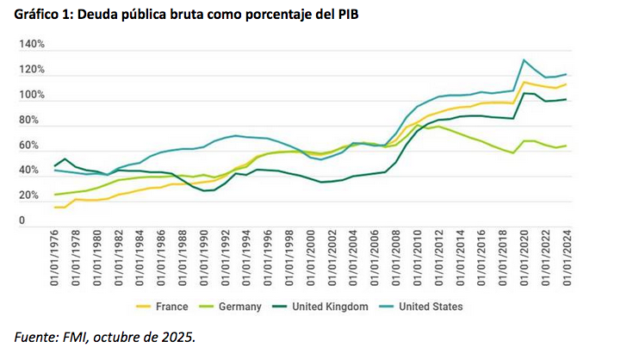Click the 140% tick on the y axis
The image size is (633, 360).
(31, 44)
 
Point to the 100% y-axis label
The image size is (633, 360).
(31, 95)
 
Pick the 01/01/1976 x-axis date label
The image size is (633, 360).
(58, 256)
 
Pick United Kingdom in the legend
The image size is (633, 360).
(332, 307)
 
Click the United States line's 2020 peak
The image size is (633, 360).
(524, 60)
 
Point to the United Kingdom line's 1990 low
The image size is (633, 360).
(205, 190)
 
